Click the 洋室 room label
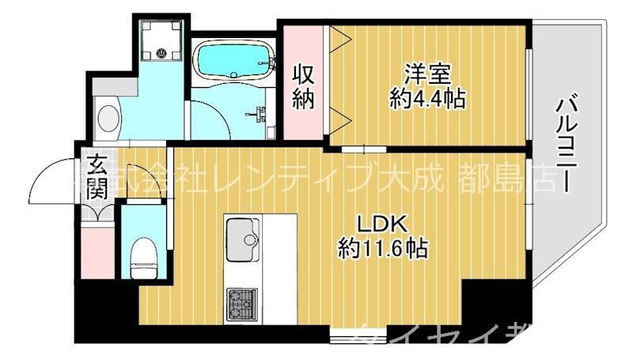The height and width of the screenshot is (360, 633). point(427,74)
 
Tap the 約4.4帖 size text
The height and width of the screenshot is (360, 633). point(427,99)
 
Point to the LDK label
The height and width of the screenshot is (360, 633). point(384,223)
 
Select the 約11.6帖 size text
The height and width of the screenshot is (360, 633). point(384,249)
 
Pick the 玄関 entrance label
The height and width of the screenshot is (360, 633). point(97,177)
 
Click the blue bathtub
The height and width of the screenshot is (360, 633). point(233,61)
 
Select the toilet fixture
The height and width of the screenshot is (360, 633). point(142,255)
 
